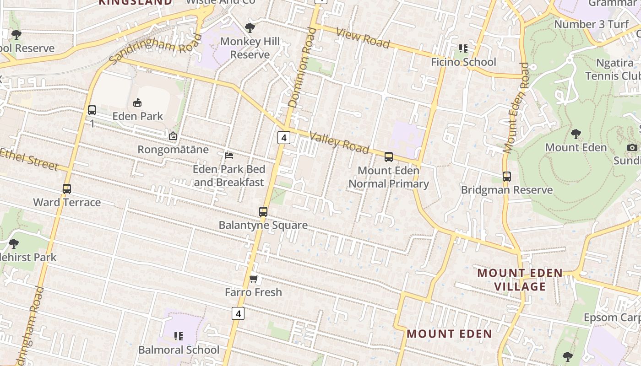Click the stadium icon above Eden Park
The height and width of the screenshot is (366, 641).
pyautogui.click(x=137, y=102)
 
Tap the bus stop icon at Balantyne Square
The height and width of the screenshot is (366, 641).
pyautogui.click(x=263, y=212)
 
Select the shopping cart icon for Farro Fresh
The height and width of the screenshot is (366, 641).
pyautogui.click(x=254, y=279)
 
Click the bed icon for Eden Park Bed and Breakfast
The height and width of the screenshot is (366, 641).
pyautogui.click(x=229, y=156)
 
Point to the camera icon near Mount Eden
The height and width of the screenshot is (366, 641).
pyautogui.click(x=632, y=147)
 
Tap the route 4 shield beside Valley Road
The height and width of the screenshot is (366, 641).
pyautogui.click(x=284, y=137)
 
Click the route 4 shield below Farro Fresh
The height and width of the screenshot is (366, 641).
pyautogui.click(x=238, y=313)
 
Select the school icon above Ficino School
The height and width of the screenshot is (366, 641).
pyautogui.click(x=463, y=48)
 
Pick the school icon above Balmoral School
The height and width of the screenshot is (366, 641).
pyautogui.click(x=179, y=337)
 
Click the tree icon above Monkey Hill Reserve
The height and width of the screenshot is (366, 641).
pyautogui.click(x=250, y=27)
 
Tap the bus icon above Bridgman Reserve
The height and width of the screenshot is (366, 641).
pyautogui.click(x=507, y=177)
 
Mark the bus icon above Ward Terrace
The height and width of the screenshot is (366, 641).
pyautogui.click(x=67, y=189)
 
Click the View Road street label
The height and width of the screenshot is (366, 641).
pyautogui.click(x=363, y=38)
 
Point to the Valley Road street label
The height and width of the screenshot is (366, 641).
pyautogui.click(x=339, y=142)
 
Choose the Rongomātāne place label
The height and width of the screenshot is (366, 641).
pyautogui.click(x=173, y=150)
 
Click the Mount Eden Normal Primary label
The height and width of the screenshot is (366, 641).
pyautogui.click(x=389, y=177)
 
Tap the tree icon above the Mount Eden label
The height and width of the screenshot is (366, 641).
pyautogui.click(x=576, y=134)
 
